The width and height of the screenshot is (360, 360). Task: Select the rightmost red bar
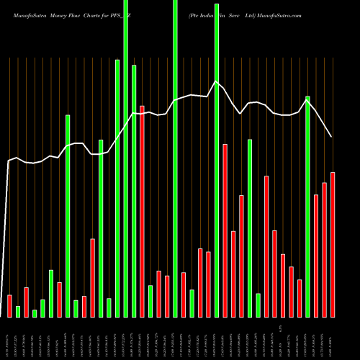(x=333, y=245)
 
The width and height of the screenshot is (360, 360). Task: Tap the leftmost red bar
(x=9, y=305)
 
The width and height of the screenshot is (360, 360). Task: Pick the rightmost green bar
(x=308, y=206)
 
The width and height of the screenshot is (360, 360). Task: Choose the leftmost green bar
(x=18, y=311)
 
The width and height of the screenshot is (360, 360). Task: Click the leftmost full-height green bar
(x=126, y=158)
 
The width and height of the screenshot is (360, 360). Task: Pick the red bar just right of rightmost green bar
(x=316, y=256)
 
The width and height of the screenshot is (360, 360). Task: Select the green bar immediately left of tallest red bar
(x=134, y=191)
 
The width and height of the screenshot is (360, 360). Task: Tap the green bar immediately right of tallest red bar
(x=150, y=301)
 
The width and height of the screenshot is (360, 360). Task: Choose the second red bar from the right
(x=324, y=250)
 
